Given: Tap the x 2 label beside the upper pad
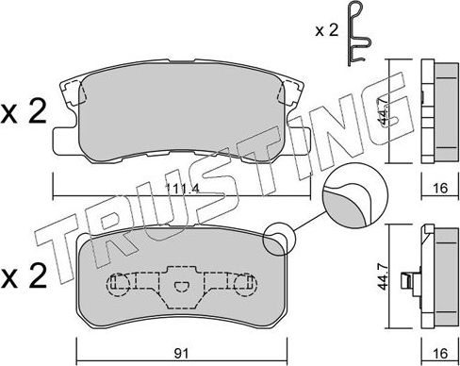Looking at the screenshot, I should click(x=23, y=113).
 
